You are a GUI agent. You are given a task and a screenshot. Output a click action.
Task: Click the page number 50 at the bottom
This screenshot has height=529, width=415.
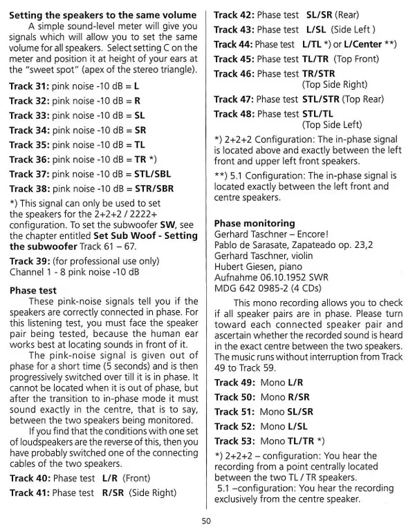(206, 520)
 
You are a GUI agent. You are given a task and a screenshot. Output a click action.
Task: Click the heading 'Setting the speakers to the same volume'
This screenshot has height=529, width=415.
(102, 15)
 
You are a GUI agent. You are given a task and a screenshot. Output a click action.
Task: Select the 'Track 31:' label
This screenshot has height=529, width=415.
(29, 86)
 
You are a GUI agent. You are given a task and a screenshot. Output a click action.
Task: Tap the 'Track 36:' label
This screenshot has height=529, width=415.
(29, 159)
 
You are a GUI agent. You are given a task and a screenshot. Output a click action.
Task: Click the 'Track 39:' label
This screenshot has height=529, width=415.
(29, 261)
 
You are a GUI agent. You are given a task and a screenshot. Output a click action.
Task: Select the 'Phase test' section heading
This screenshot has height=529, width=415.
(33, 291)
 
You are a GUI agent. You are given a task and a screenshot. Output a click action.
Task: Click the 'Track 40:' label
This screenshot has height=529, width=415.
(29, 478)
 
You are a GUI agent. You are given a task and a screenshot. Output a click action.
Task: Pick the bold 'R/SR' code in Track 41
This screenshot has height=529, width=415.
(113, 492)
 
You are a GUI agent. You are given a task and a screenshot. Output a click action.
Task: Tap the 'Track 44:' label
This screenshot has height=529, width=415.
(233, 44)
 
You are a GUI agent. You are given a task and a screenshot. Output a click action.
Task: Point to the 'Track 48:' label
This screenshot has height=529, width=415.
(234, 113)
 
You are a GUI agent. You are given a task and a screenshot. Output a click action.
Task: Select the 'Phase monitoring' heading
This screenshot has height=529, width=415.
(254, 224)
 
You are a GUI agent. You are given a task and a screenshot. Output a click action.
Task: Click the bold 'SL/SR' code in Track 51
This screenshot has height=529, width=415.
(299, 412)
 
